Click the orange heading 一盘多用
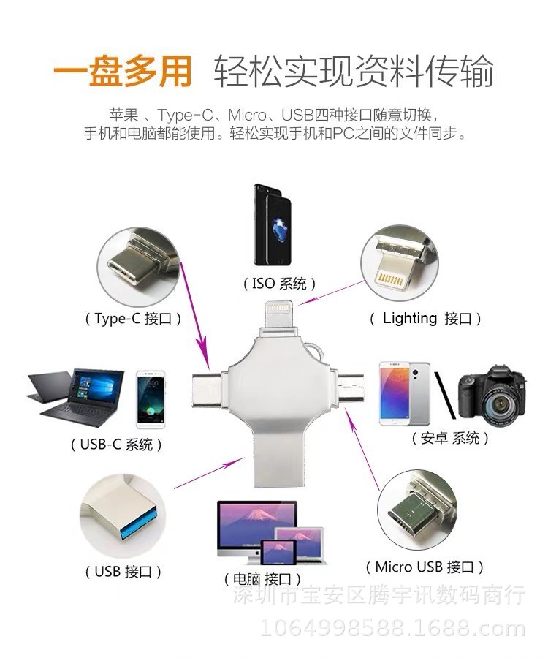pos(123,72)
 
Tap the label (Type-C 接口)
pos(132,319)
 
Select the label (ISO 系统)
pos(279,284)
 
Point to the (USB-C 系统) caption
pos(116,445)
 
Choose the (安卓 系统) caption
pos(450,439)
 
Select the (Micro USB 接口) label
pos(425,567)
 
